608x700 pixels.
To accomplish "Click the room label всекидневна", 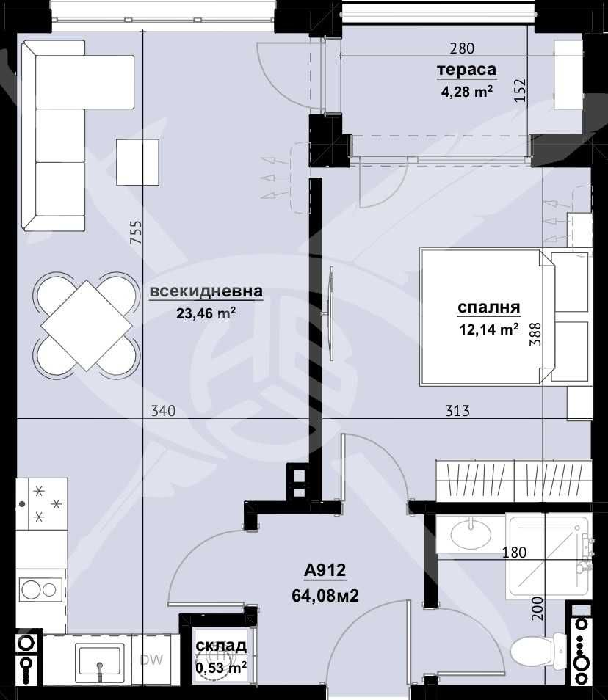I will click(x=206, y=291).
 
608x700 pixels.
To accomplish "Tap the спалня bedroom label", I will click(x=488, y=307).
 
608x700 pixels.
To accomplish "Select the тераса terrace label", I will click(x=466, y=70).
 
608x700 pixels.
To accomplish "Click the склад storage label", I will click(x=220, y=646).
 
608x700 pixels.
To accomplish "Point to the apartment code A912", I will click(x=325, y=571).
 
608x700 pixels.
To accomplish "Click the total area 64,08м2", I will click(x=325, y=595).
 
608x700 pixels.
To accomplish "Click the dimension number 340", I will click(x=163, y=411).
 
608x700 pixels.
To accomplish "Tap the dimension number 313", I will click(x=457, y=411).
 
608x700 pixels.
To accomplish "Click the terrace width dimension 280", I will click(x=462, y=49).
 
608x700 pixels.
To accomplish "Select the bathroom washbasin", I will click(x=472, y=533).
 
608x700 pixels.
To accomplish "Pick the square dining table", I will click(x=87, y=324).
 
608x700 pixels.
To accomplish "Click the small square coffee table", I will click(x=138, y=162).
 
